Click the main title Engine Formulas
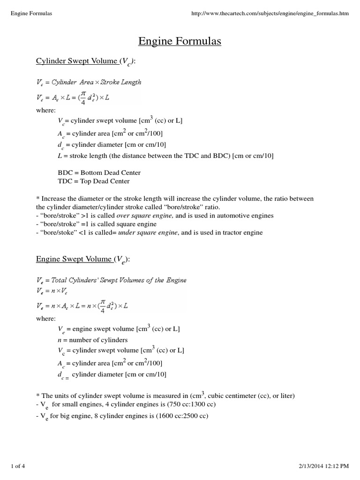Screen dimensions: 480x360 click(180, 42)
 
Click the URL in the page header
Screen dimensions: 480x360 click(271, 13)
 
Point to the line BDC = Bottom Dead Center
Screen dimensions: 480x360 click(98, 172)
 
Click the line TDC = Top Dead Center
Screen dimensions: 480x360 click(93, 181)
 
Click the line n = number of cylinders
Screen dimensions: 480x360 click(92, 340)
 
